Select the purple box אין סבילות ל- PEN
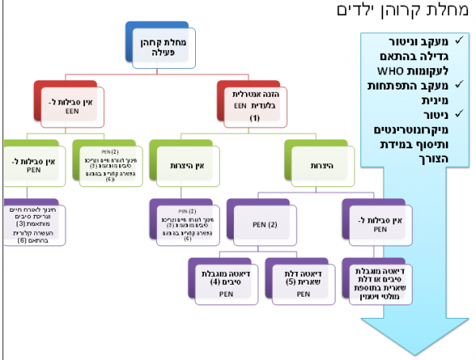click(x=383, y=224)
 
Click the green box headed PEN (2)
click(x=108, y=163)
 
